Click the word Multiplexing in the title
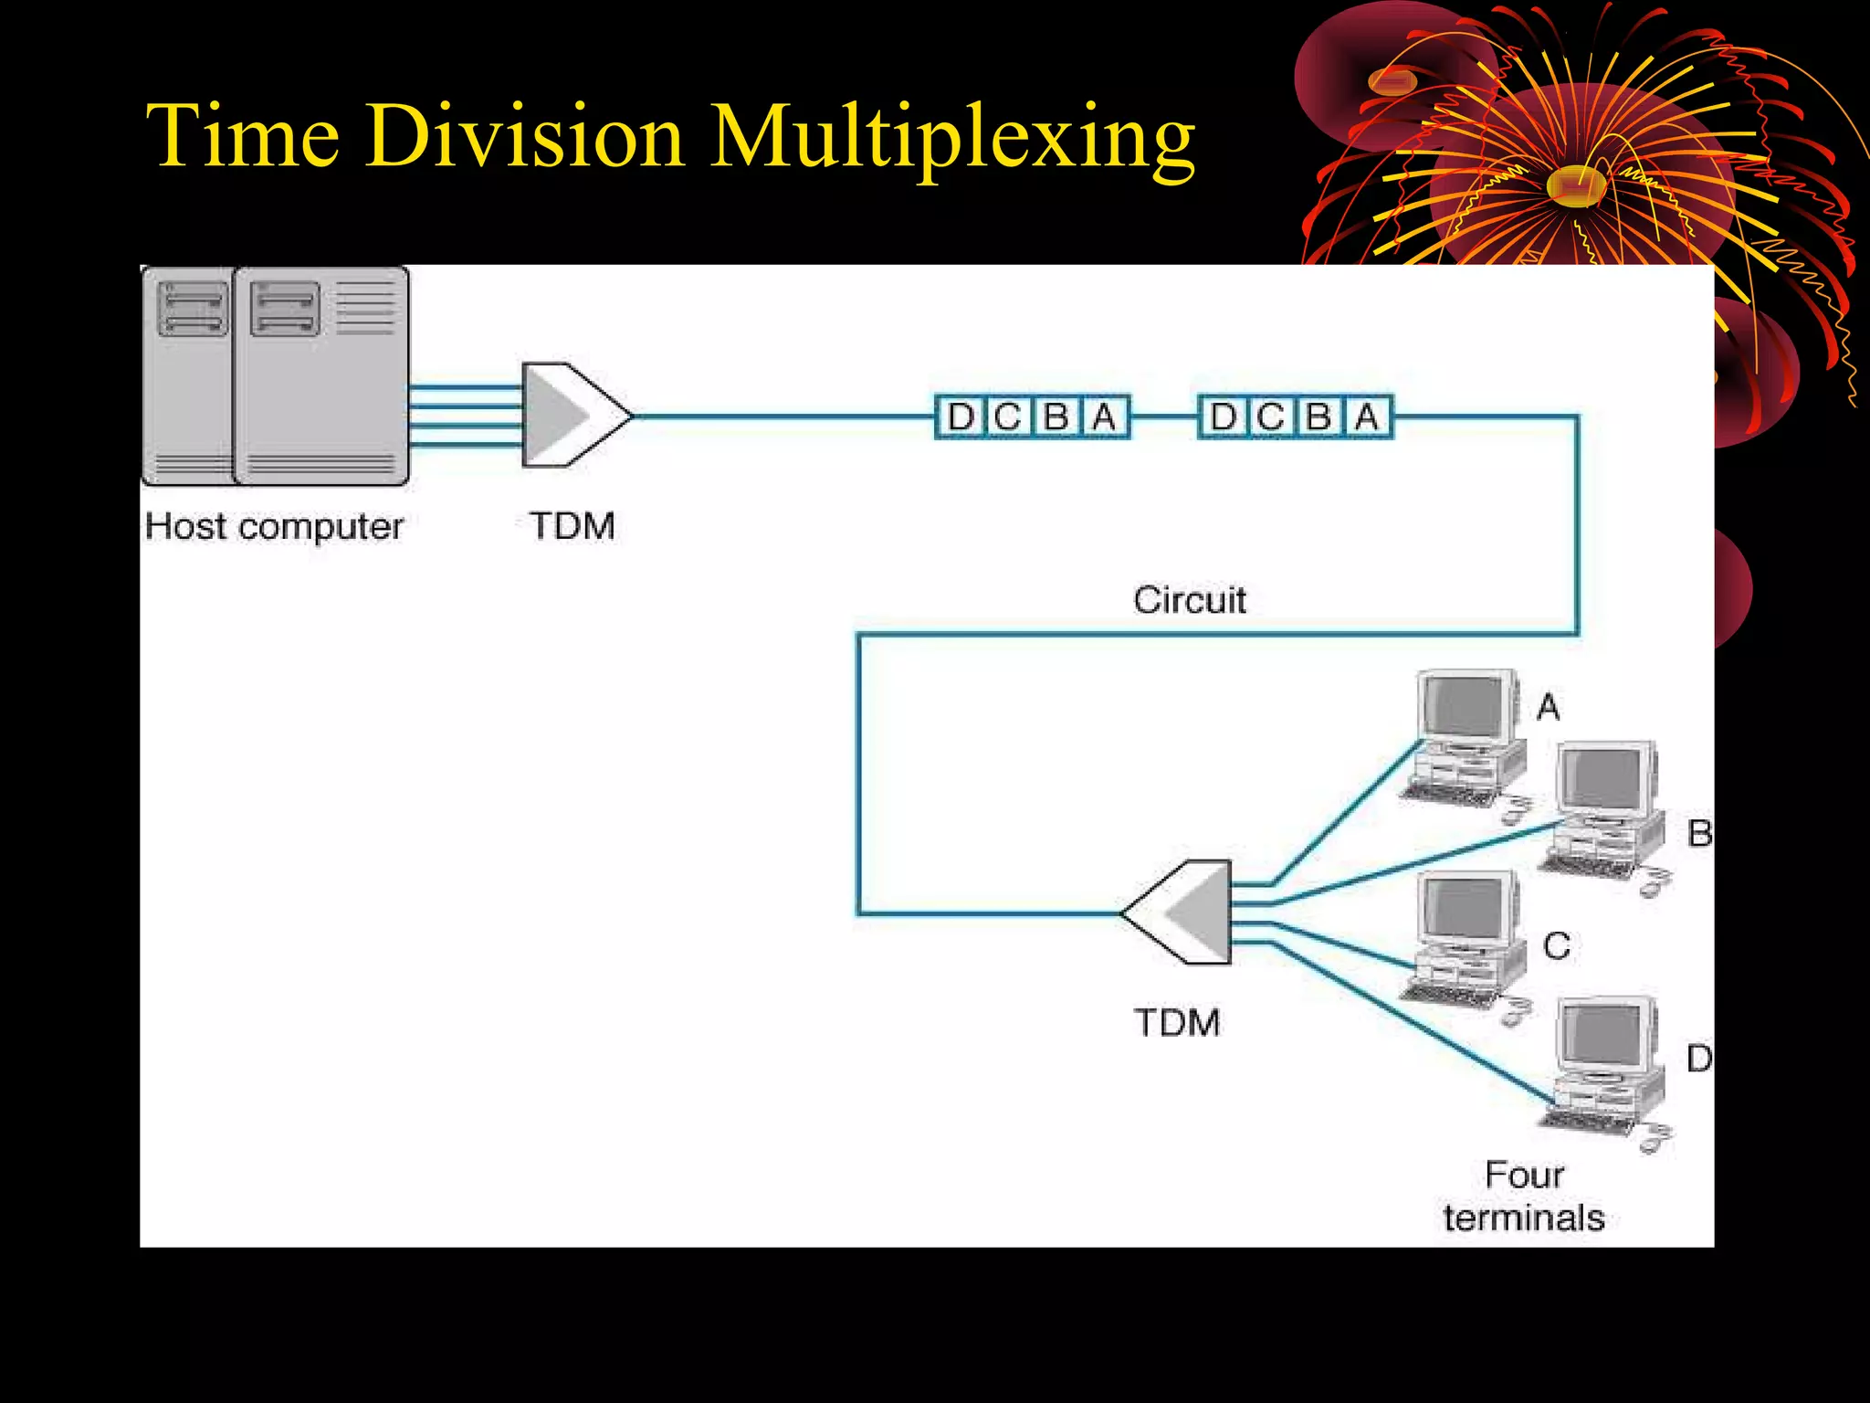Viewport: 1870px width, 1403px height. coord(951,137)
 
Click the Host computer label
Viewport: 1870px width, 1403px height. coord(274,526)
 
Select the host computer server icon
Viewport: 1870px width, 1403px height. coord(276,374)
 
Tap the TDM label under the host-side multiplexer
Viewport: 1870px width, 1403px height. coord(573,526)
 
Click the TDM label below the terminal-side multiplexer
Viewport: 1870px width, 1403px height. coord(1177,1022)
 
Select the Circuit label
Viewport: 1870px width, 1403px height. coord(1190,600)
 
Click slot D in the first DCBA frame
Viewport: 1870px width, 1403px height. coord(961,417)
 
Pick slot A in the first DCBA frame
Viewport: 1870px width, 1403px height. coord(1105,417)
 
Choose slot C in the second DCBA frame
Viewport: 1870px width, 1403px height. coord(1271,417)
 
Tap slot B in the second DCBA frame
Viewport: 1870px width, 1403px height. coord(1318,417)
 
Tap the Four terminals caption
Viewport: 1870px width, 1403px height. coord(1524,1196)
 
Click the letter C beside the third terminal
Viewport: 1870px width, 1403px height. coord(1557,945)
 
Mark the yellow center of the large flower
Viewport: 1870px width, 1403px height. coord(1575,185)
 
